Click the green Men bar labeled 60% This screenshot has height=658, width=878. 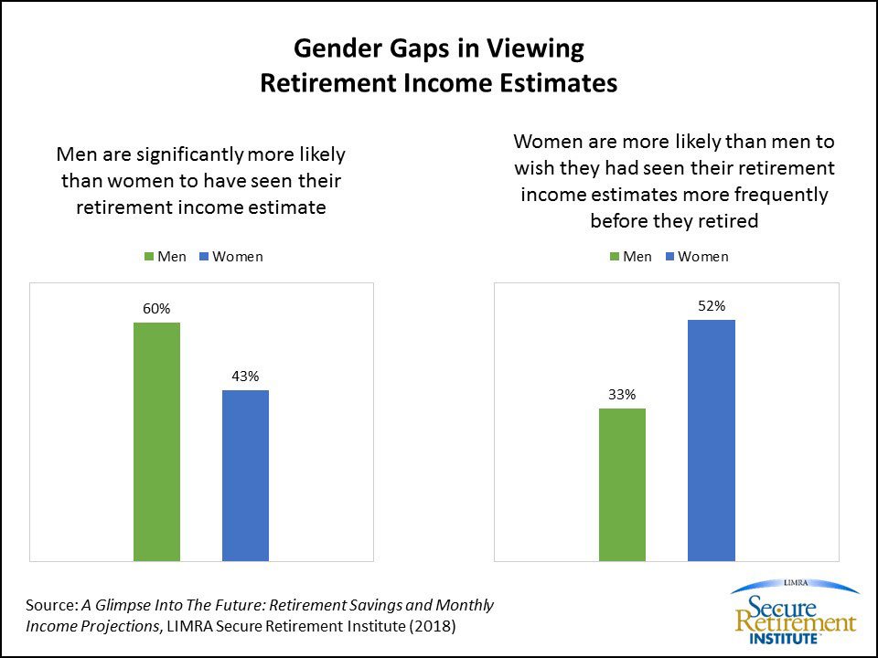[x=156, y=440]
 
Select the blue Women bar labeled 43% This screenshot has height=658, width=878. [x=245, y=474]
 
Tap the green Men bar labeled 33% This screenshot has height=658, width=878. [x=622, y=483]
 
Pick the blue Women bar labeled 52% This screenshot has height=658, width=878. [x=711, y=440]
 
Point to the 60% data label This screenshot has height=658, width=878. [x=156, y=309]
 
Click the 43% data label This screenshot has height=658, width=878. [x=245, y=376]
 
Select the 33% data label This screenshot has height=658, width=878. [x=622, y=395]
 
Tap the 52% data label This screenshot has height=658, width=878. [x=711, y=306]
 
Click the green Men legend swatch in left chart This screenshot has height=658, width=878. [x=149, y=257]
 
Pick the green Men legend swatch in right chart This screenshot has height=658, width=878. [x=615, y=257]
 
